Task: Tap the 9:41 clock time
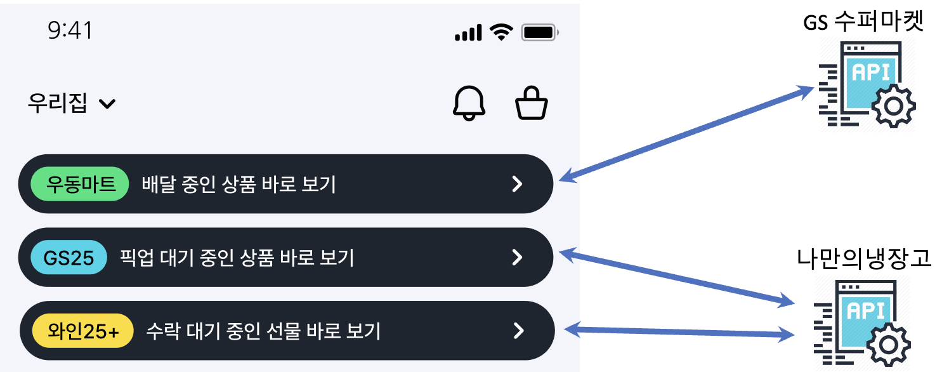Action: coord(70,30)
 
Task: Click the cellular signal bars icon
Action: coord(468,32)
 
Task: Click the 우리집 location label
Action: coord(57,103)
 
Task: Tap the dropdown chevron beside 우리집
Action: coord(107,103)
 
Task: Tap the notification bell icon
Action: coord(469,103)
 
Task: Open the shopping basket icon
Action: coord(531,103)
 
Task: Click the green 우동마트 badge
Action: coord(80,184)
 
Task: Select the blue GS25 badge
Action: coord(69,258)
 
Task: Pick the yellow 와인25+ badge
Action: coord(83,331)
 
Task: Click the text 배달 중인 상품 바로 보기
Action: coord(239,184)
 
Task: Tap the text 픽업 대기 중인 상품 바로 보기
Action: coord(237,258)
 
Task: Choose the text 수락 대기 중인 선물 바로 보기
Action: coord(263,331)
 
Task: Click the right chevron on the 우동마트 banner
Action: coord(518,184)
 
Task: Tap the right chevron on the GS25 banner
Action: coord(518,257)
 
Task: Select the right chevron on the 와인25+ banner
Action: coord(519,331)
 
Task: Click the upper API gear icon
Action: coord(867,84)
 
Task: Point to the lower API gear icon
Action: coord(862,323)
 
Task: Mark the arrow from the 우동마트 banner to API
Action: coord(688,133)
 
